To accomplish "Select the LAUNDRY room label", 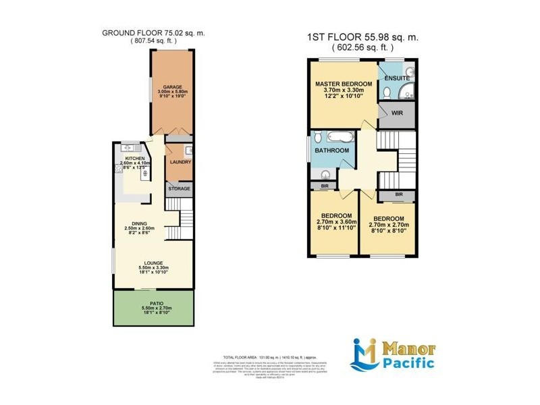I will (180, 162).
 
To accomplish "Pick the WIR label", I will (397, 113).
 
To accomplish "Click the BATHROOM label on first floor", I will (333, 150).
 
